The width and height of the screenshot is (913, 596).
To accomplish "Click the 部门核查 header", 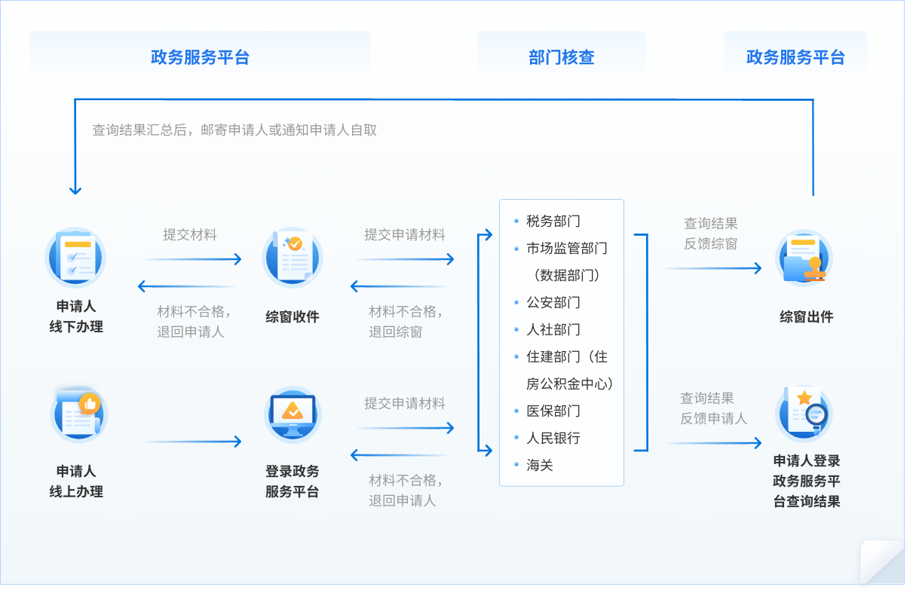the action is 561,57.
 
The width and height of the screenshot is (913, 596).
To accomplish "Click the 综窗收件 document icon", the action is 293,258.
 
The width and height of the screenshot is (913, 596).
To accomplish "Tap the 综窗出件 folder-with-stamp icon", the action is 804,258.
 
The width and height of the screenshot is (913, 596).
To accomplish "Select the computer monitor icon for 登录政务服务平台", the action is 293,414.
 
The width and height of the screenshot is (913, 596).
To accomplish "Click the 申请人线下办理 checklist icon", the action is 75,258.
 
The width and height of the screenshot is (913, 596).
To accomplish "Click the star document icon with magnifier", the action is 804,413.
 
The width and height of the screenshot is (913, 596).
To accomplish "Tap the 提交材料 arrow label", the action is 190,234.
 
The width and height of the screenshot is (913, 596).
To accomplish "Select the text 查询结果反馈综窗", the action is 710,234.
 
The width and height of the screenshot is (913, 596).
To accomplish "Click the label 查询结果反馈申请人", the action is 713,408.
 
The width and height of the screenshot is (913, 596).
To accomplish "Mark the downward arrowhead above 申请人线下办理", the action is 75,190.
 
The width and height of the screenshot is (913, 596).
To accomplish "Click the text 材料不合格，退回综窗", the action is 406,322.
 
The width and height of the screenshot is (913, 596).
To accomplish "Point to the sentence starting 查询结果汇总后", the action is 234,130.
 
